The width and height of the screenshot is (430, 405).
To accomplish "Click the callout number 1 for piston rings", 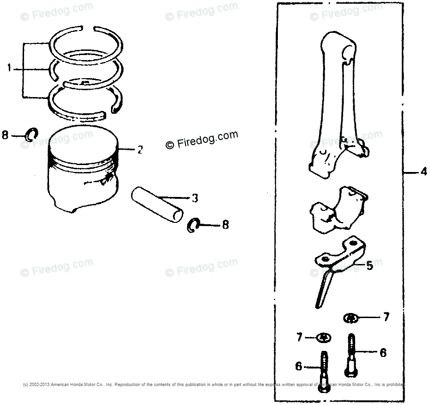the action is [x=9, y=69].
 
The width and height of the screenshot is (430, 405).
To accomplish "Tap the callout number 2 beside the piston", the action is [x=140, y=150].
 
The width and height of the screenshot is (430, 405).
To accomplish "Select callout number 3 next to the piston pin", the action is [x=195, y=198].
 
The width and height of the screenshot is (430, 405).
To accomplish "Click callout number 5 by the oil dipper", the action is [x=369, y=266].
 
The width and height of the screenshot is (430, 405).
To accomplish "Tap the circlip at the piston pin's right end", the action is [x=194, y=225].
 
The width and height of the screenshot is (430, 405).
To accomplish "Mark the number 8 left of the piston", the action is [x=6, y=135].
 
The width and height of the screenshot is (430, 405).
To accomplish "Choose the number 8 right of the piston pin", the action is [x=225, y=225].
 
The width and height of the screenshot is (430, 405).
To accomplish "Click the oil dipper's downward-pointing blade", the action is [x=323, y=289].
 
